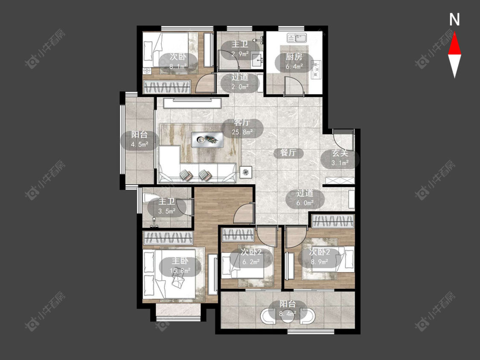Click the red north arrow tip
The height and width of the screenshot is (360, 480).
(x=454, y=33)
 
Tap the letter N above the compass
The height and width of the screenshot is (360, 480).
(x=454, y=20)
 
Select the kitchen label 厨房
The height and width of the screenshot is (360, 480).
(x=294, y=57)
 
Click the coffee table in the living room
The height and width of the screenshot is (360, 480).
(x=207, y=139)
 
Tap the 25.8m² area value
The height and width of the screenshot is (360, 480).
(x=242, y=132)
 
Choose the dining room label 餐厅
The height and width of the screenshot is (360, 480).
(x=288, y=152)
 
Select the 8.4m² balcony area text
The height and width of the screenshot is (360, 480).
(x=288, y=314)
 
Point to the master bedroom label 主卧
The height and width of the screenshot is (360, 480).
(x=180, y=261)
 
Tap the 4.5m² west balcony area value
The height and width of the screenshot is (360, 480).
(x=140, y=145)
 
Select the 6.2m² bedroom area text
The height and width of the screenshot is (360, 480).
(x=251, y=262)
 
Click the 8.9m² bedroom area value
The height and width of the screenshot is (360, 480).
(x=319, y=262)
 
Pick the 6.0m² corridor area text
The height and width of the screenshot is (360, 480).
(x=305, y=203)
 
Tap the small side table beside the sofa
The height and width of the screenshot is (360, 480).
(x=245, y=172)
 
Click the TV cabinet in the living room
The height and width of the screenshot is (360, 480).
(x=192, y=103)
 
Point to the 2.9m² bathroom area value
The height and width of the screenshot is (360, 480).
(x=240, y=54)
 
